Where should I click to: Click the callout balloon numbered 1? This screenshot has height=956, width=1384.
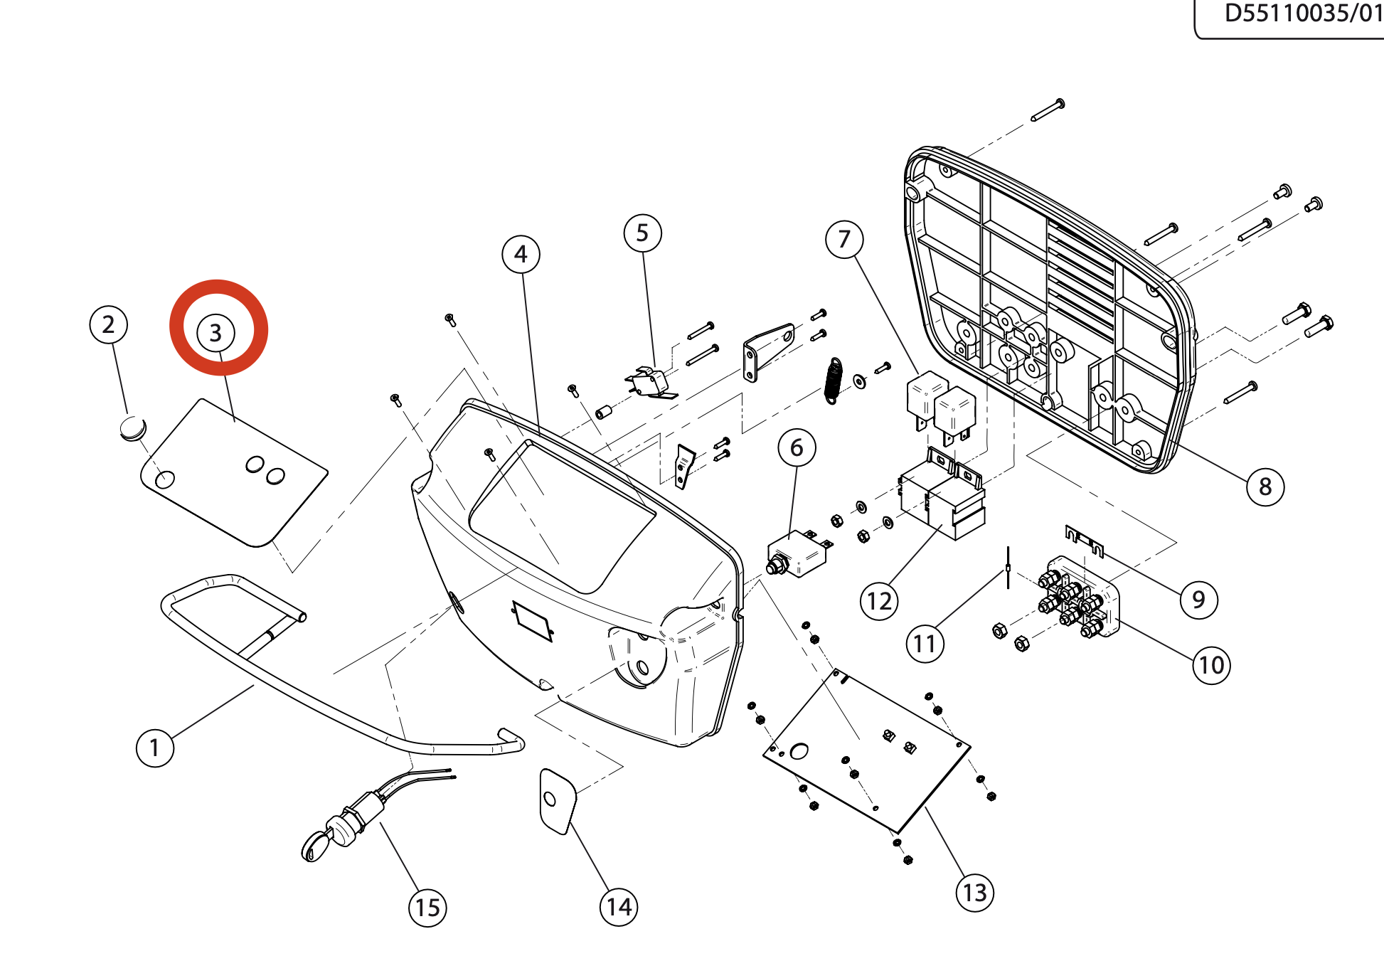[x=155, y=748]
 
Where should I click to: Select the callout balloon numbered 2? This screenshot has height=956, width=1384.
[x=108, y=324]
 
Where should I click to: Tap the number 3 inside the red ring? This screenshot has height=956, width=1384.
[x=215, y=332]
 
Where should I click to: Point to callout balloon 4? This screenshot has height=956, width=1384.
[x=521, y=254]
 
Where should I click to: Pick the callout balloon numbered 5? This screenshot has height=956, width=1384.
[x=642, y=233]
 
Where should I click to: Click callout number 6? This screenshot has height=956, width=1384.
[x=797, y=447]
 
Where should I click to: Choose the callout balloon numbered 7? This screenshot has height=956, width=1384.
[x=844, y=239]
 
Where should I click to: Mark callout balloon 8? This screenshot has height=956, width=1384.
[x=1265, y=487]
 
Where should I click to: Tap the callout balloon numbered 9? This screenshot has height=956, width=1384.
[x=1198, y=600]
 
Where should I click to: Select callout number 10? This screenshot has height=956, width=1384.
[x=1211, y=665]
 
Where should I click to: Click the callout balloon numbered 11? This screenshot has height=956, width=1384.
[x=925, y=644]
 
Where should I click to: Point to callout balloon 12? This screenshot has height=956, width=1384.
[x=879, y=601]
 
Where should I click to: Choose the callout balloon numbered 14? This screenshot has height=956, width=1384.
[x=618, y=907]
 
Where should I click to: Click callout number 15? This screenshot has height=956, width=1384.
[x=427, y=908]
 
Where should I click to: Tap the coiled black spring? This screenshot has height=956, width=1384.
[x=834, y=381]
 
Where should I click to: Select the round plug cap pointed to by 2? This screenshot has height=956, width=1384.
[x=132, y=428]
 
